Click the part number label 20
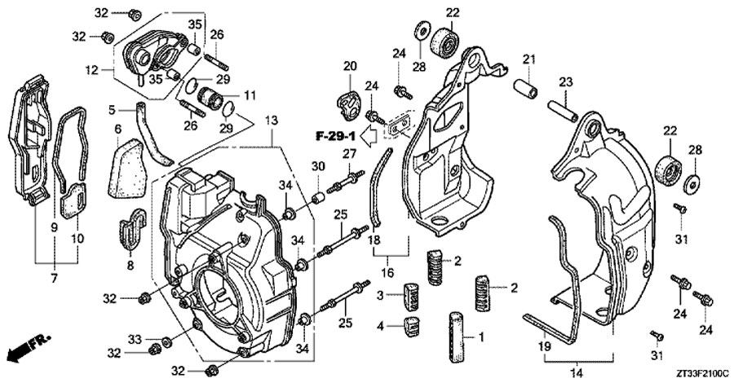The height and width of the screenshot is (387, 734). (x=349, y=66)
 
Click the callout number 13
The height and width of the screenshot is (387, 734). (x=270, y=120)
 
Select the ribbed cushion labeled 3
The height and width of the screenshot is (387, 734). (x=412, y=294)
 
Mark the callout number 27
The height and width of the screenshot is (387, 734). (x=348, y=154)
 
